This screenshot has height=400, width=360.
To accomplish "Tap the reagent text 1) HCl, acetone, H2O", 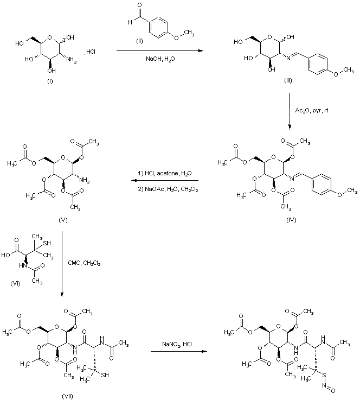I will tap(164, 174).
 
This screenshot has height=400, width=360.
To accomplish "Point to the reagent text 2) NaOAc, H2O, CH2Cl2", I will tap(164, 188).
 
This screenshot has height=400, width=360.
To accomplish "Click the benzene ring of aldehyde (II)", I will tap(153, 24).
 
